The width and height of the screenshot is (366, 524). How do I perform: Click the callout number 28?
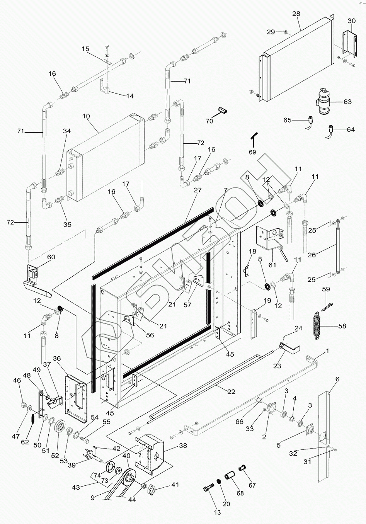[296, 14]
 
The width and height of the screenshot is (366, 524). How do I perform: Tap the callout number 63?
[347, 102]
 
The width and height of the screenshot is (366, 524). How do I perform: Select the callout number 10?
[86, 116]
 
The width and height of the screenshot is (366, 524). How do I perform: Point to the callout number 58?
[342, 326]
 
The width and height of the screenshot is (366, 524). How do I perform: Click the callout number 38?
[182, 446]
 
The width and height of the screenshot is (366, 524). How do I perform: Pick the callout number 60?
[51, 257]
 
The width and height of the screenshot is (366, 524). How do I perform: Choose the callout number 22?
[231, 392]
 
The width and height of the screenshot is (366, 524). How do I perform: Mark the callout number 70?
[209, 121]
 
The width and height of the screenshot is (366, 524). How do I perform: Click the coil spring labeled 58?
[318, 325]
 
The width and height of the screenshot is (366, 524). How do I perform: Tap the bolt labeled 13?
[208, 490]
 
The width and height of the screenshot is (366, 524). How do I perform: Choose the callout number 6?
[337, 379]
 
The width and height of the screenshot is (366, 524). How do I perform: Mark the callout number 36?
[57, 359]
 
